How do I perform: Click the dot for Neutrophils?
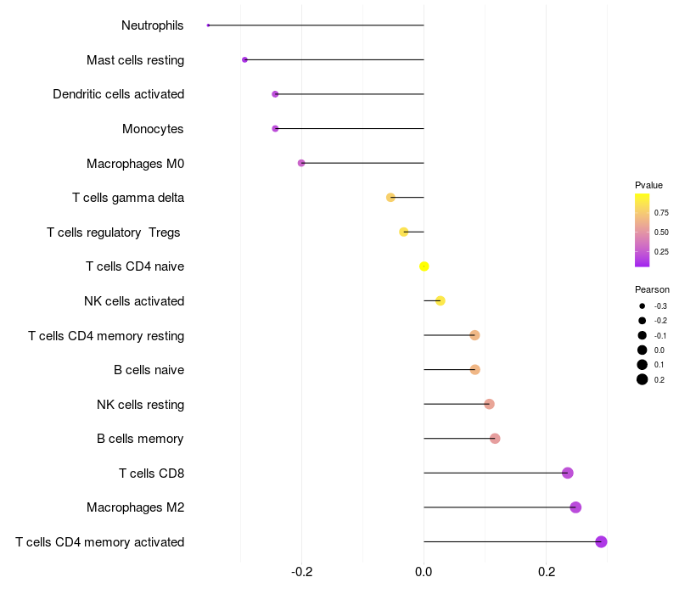[x=208, y=25]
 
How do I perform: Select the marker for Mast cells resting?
[x=244, y=59]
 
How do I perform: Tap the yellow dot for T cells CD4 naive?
[x=424, y=266]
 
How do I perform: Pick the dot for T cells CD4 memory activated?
[x=601, y=541]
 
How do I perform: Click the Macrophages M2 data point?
[x=575, y=507]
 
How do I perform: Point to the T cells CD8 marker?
[x=568, y=473]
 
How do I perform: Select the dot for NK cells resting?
[x=489, y=404]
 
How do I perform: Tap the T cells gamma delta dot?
[x=390, y=198]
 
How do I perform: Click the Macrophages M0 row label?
[x=135, y=163]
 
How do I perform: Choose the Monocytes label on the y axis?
[x=153, y=129]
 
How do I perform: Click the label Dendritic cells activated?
[x=118, y=94]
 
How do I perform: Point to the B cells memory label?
[x=140, y=439]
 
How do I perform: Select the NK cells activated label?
[x=134, y=301]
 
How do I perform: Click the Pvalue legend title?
[x=648, y=185]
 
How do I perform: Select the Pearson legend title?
[x=652, y=289]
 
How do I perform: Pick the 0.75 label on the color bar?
[x=661, y=213]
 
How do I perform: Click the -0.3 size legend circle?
[x=643, y=305]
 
